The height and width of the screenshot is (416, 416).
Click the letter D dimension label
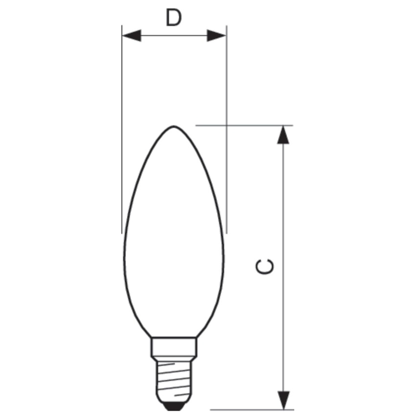(x=174, y=18)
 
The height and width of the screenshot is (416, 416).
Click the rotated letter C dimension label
(x=264, y=267)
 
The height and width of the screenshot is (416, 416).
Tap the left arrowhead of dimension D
(x=131, y=35)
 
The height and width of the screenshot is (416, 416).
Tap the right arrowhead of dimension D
(x=216, y=35)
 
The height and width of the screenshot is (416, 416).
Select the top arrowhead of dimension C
(x=283, y=135)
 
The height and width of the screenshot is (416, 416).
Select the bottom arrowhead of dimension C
(x=283, y=400)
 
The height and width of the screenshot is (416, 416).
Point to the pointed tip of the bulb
(x=174, y=127)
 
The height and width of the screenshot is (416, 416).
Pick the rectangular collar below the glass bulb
(x=174, y=347)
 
